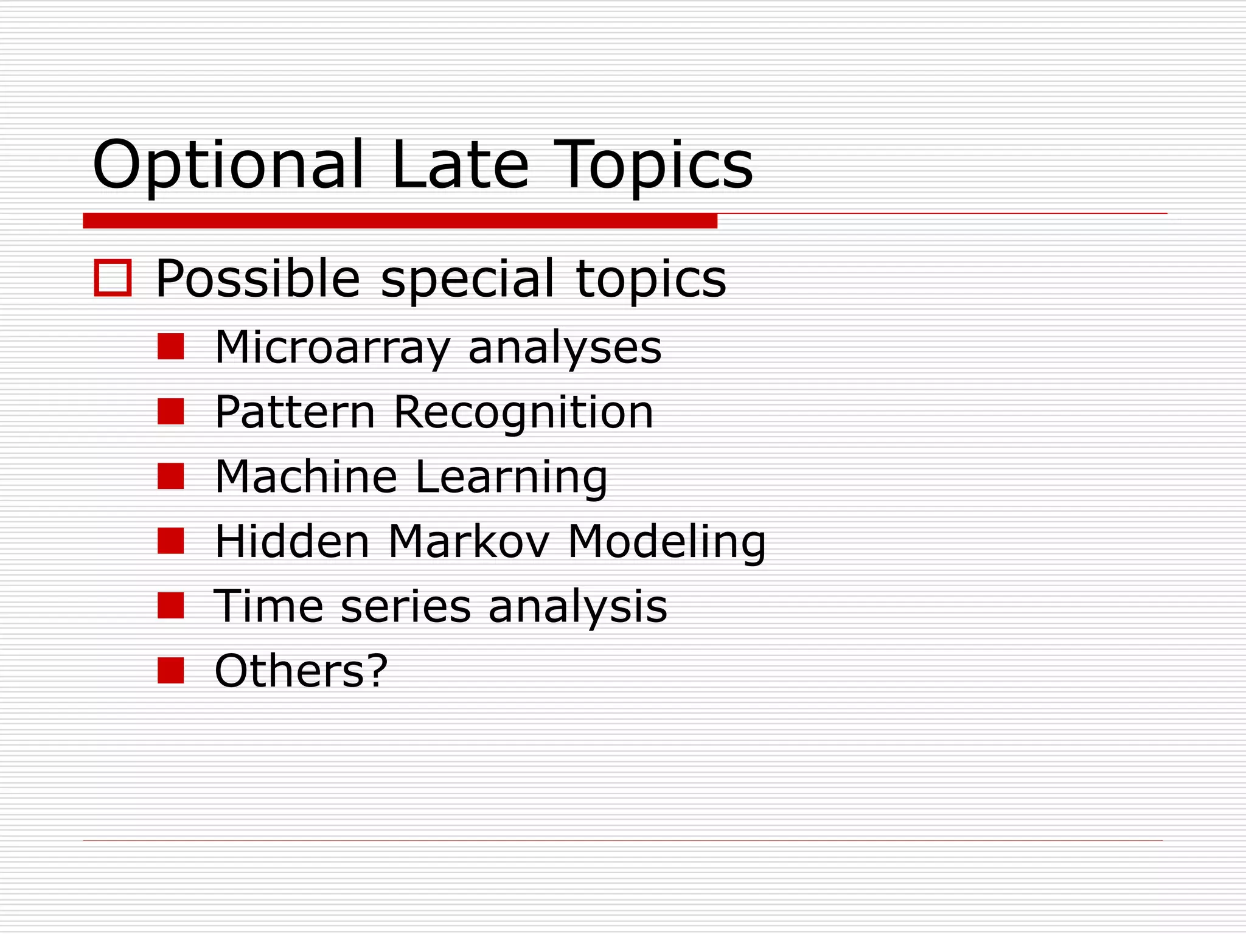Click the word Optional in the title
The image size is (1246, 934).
[x=228, y=165]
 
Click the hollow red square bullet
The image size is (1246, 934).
[x=113, y=278]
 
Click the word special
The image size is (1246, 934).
[x=468, y=280]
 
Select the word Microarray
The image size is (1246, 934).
[x=332, y=348]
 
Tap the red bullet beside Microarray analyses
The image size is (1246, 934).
[x=170, y=347]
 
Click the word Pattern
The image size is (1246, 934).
[x=295, y=412]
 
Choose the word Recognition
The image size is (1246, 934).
[x=524, y=413]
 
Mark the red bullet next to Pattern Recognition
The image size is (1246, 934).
[x=170, y=412]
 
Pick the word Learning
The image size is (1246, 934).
[x=511, y=478]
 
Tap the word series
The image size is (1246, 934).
[x=406, y=606]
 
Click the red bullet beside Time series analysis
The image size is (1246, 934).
[x=170, y=606]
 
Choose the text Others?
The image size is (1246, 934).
[x=301, y=671]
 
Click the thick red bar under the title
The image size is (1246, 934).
[x=400, y=221]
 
